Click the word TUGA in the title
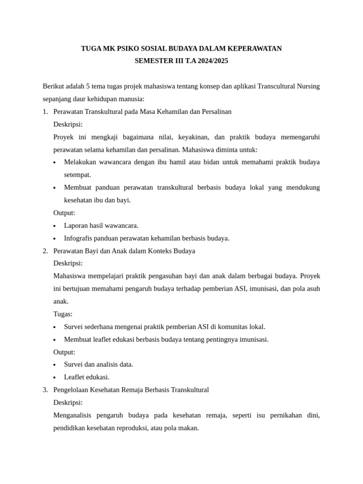click(91, 49)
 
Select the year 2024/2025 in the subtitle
click(211, 61)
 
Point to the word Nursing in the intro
click(308, 86)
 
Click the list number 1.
click(45, 112)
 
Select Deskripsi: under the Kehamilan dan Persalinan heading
click(68, 124)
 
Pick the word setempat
click(78, 175)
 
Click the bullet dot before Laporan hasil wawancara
click(55, 226)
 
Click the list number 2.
click(45, 251)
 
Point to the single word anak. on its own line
click(61, 302)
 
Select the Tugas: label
click(63, 314)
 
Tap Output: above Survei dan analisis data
click(64, 352)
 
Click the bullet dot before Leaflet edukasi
click(55, 378)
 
